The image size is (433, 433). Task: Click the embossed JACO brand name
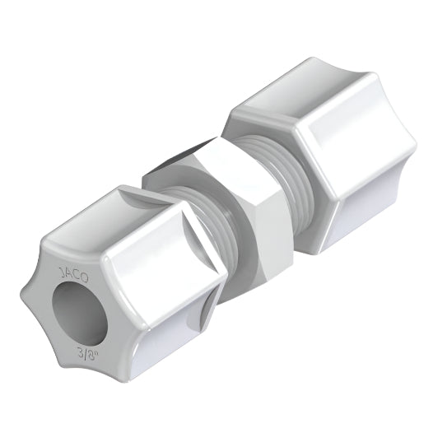[x=74, y=274]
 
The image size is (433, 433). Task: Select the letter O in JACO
[x=84, y=278]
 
